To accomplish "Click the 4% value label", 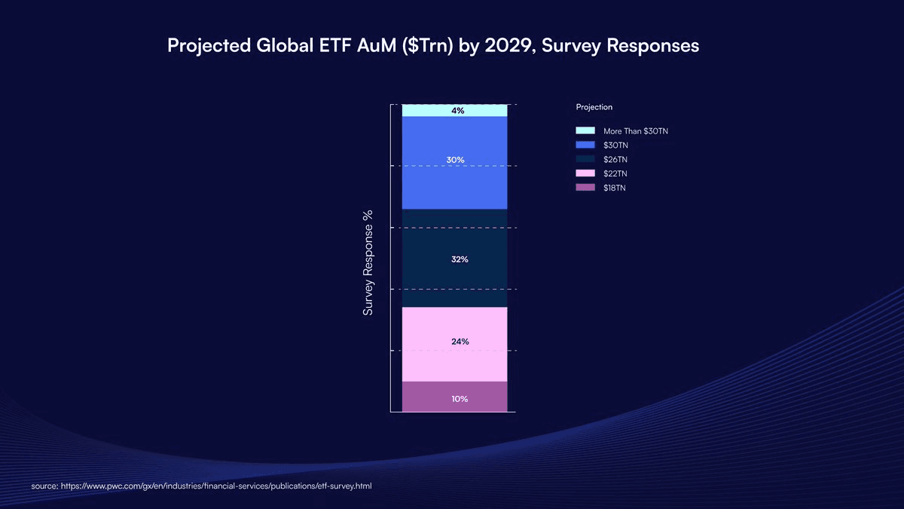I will point(457,111).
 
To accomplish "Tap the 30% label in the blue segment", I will point(455,160).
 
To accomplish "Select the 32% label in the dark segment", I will point(460,259).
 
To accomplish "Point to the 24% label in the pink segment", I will point(460,342).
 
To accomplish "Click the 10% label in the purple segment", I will point(460,399).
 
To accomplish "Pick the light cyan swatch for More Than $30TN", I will point(585,131).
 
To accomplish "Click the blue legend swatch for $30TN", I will point(585,145).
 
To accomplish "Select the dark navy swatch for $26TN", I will point(585,159).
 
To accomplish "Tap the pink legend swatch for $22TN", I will point(585,173).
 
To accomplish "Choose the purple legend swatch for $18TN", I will point(585,188).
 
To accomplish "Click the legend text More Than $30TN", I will point(635,131).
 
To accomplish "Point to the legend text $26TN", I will point(615,159).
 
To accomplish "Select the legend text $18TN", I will point(614,188).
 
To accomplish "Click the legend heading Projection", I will point(594,107).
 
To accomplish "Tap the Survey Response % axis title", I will point(368,262).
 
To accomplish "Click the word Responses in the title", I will point(652,46).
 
